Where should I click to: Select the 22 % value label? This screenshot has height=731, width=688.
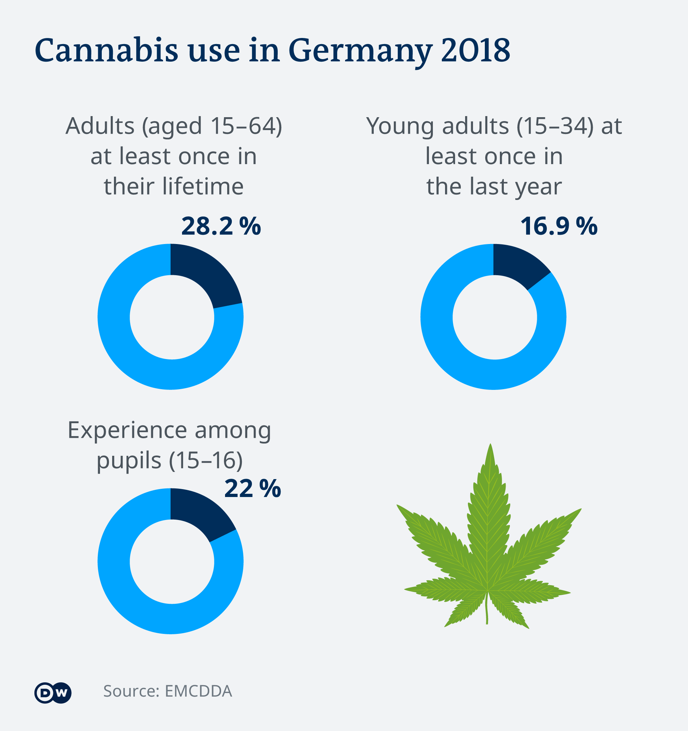click(x=253, y=489)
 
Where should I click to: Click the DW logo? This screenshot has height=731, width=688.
click(x=53, y=693)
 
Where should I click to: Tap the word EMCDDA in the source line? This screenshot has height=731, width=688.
click(x=199, y=691)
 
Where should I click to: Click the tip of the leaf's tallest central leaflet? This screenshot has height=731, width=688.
click(x=490, y=446)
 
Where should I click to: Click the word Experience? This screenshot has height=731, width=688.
click(x=127, y=430)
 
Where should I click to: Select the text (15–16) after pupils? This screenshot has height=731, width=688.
click(x=206, y=460)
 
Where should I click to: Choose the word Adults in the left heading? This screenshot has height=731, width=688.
click(x=100, y=126)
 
